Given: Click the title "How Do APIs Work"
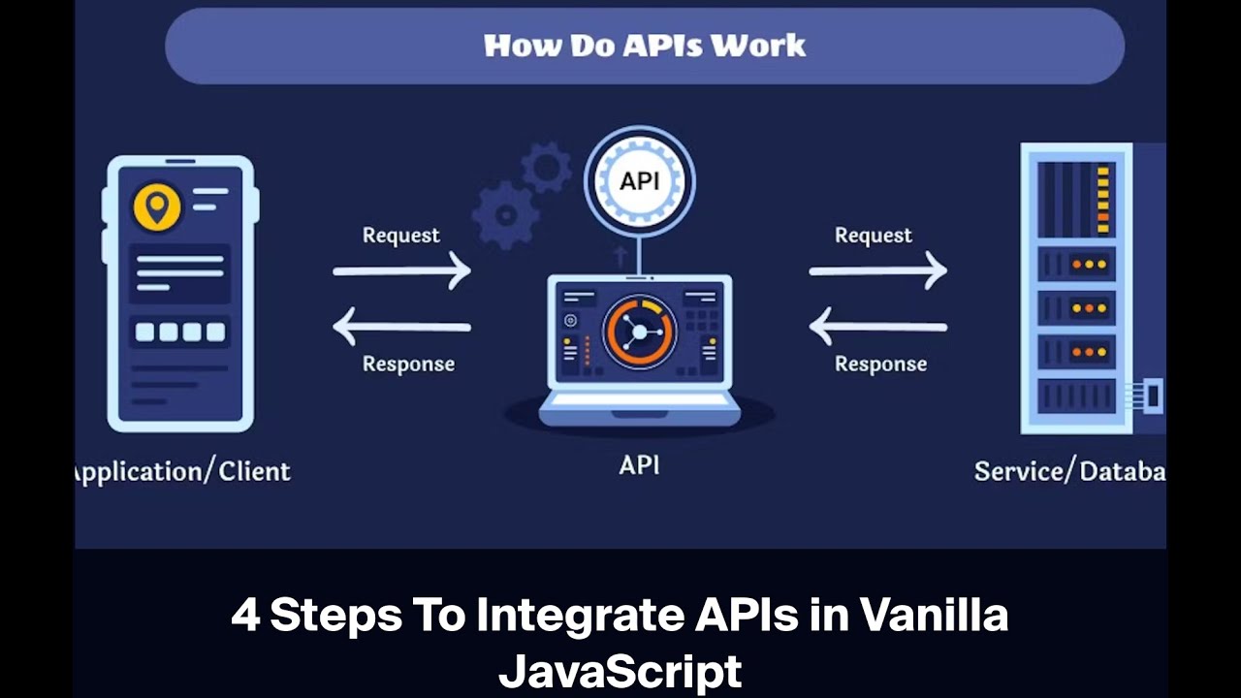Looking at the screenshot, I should (x=645, y=46).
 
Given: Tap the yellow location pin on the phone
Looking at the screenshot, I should (x=157, y=206).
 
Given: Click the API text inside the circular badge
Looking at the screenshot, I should (x=639, y=181).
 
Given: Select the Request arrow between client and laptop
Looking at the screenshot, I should (x=401, y=271).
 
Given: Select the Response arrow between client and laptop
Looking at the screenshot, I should (x=401, y=327).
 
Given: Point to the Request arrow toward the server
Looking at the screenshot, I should (x=877, y=271).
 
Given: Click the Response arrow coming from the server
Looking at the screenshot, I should (x=877, y=327).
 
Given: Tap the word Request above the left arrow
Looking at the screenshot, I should (x=400, y=236).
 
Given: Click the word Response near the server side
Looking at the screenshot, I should (x=880, y=365).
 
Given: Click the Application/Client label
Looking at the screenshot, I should (x=182, y=472).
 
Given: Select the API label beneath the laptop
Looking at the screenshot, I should (x=639, y=465).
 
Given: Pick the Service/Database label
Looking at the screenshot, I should (x=1069, y=472).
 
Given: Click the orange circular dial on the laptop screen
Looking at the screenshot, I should (x=639, y=333).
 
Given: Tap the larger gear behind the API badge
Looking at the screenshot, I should (x=505, y=212).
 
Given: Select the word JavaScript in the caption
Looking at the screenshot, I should (x=620, y=671).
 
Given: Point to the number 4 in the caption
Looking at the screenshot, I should (x=245, y=616).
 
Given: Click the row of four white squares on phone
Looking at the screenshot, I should (x=180, y=333).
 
